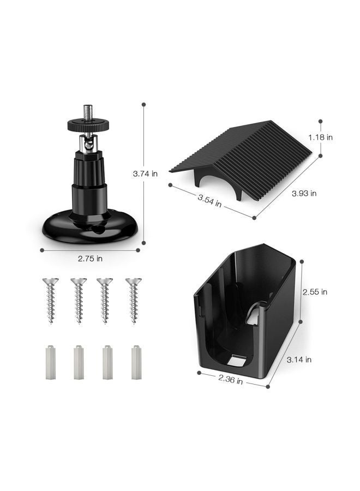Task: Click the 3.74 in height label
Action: [x=145, y=174]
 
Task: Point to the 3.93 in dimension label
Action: [x=304, y=193]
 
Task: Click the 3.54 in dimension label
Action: [x=209, y=200]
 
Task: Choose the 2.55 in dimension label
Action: [x=315, y=292]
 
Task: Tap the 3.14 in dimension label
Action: [x=299, y=360]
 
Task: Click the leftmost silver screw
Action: [x=51, y=300]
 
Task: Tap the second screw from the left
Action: [x=79, y=300]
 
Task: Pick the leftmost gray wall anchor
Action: [x=51, y=362]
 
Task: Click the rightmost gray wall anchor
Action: [x=136, y=362]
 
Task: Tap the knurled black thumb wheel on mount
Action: [x=88, y=125]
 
